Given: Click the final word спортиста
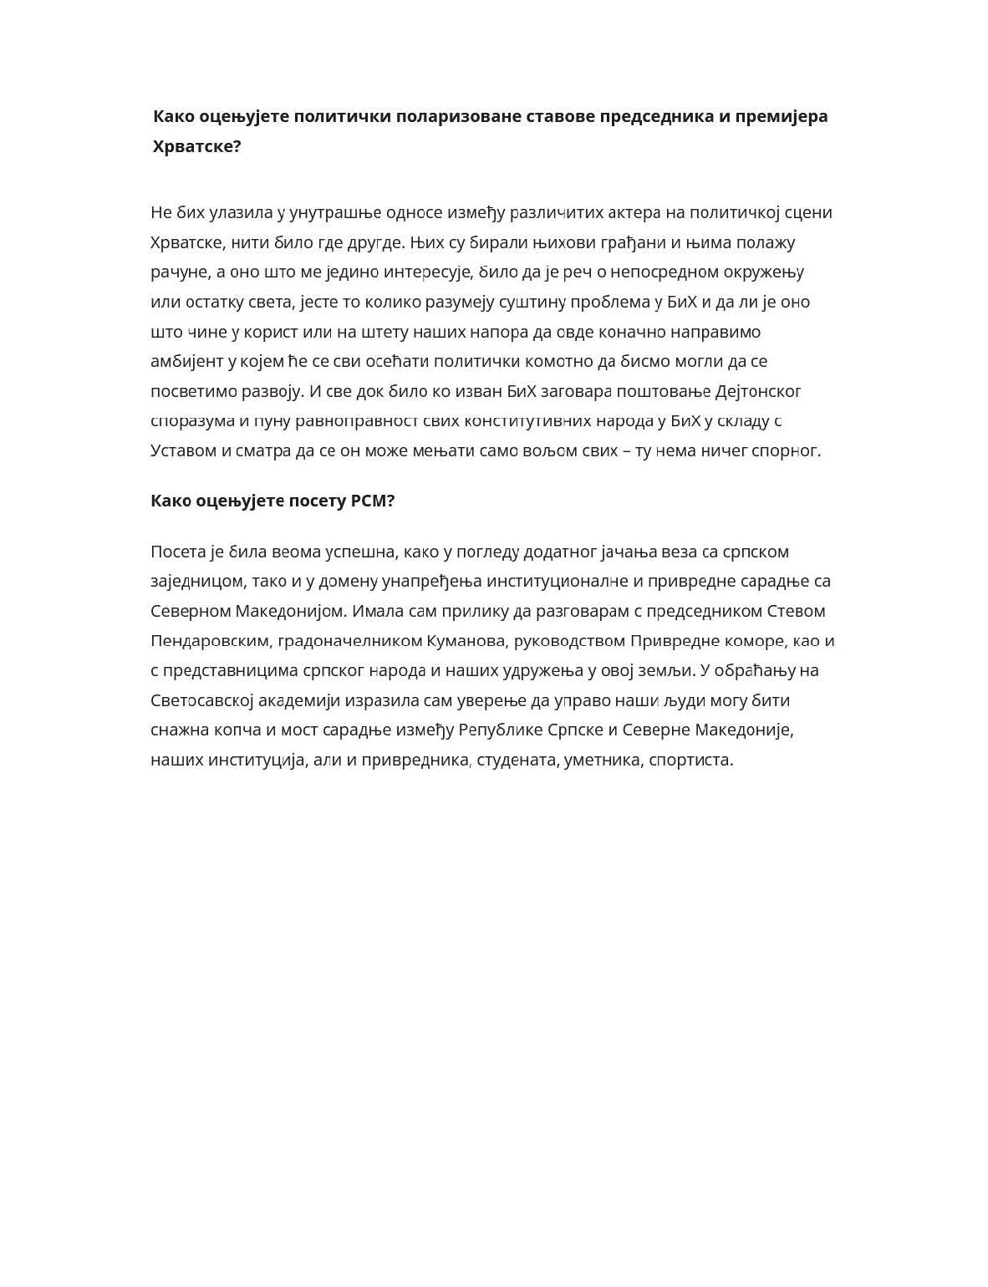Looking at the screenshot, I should coord(690,760).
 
